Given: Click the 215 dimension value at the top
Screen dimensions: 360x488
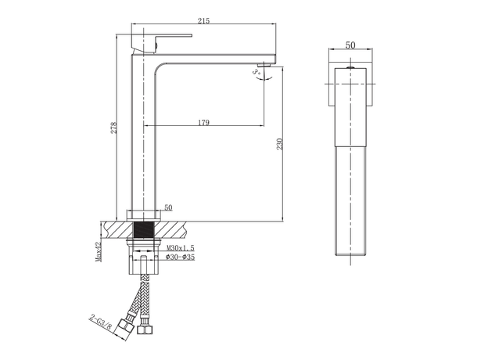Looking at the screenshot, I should pos(203,21).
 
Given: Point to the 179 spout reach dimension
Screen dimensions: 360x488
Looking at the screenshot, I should pos(203,121).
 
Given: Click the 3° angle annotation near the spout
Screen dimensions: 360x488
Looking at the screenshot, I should pos(256,71).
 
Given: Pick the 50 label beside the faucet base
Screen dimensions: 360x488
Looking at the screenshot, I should pos(168,208).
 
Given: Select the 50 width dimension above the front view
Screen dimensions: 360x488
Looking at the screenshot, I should pos(350,45).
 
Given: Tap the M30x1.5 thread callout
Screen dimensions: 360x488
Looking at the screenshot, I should pos(181,247).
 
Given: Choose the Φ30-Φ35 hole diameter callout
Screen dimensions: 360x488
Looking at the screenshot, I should pos(181,256).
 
